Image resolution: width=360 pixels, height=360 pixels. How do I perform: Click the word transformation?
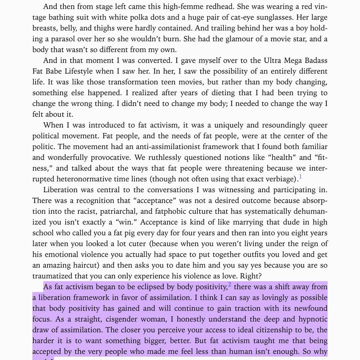[x=134, y=82]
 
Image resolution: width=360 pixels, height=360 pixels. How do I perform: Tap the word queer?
[x=317, y=125]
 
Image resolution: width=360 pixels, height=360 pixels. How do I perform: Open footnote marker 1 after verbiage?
[x=300, y=177]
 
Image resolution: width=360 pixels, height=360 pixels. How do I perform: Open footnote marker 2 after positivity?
[x=230, y=285]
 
